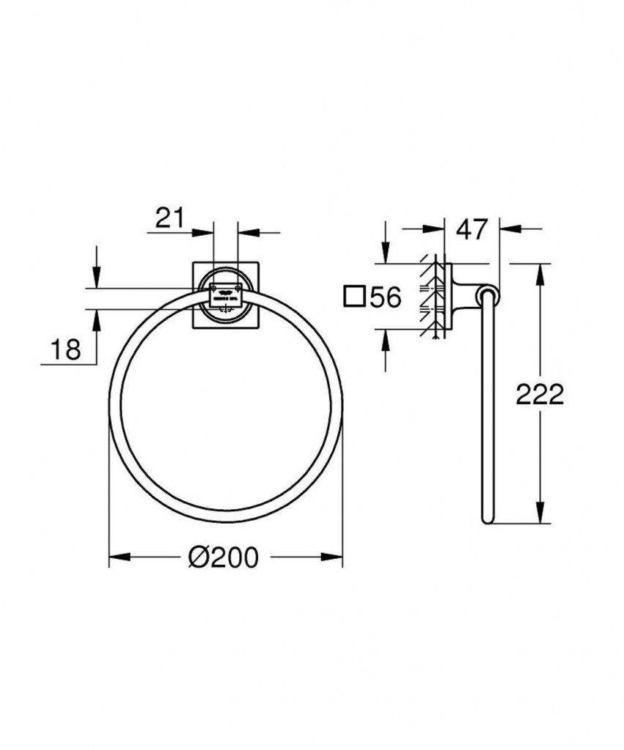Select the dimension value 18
[66, 349]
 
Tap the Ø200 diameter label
[223, 557]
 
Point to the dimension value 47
[472, 229]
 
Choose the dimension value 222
[540, 394]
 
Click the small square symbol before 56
[355, 297]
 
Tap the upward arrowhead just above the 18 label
[95, 318]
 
